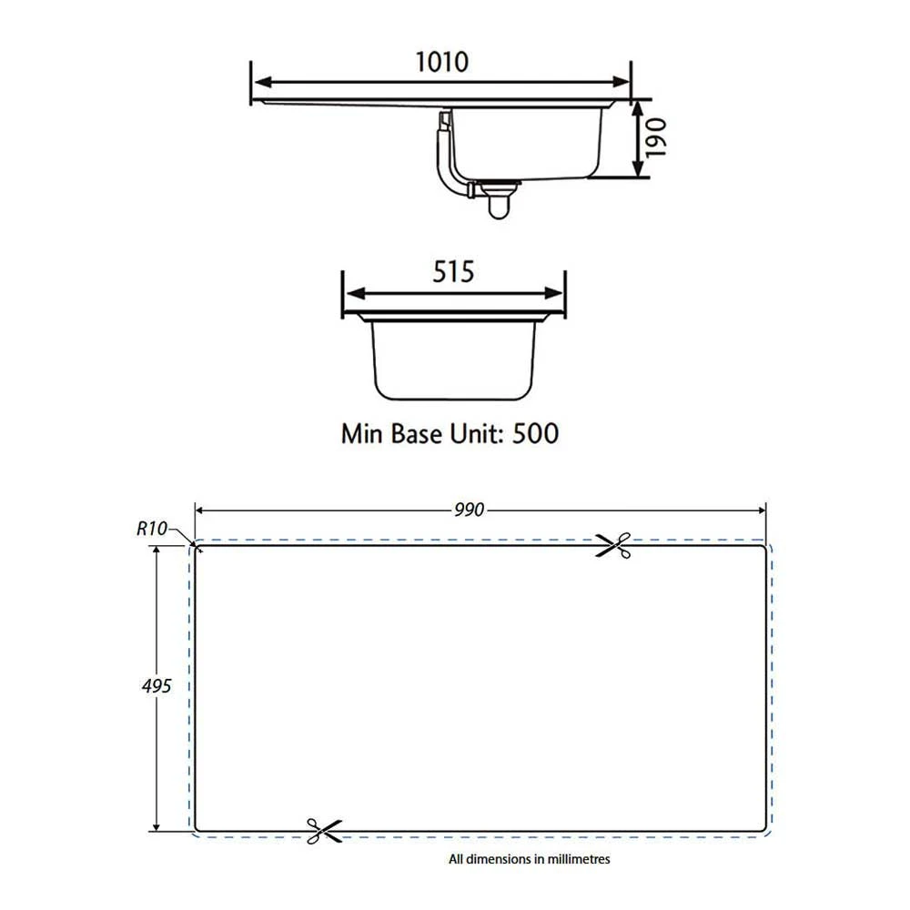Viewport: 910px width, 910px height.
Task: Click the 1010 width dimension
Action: (441, 62)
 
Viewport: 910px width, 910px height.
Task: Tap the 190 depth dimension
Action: (658, 136)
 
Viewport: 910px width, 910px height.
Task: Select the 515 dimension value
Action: (453, 271)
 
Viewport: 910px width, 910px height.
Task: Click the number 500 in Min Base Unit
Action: (535, 433)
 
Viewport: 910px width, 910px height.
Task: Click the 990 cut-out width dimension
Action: (470, 510)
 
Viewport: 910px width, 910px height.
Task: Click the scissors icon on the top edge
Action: (613, 546)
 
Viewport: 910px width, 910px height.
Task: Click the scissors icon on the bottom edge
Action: (323, 829)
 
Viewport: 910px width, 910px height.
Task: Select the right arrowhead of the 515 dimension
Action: (558, 294)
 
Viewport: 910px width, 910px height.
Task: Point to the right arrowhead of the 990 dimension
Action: (761, 510)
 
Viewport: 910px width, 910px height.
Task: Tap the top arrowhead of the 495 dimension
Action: (157, 551)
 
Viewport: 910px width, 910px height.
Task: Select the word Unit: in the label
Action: (476, 433)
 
